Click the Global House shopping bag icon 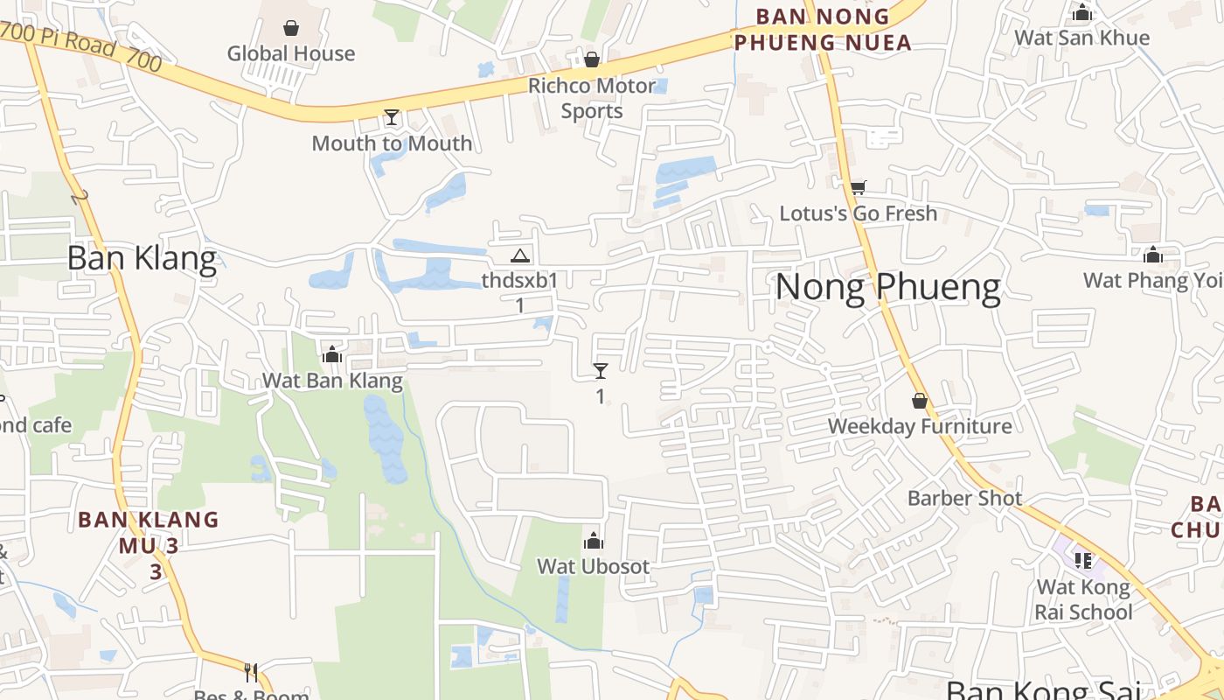291,29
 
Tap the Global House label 291,53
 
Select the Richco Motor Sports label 592,98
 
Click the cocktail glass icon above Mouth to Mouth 391,117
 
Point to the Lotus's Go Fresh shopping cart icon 858,187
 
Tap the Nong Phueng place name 887,288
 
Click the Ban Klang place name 142,259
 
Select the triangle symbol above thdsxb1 520,255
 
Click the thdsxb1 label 519,281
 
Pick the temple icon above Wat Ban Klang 332,354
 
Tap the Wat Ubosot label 594,566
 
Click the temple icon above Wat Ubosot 594,541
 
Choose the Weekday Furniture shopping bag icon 920,401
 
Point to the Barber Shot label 964,498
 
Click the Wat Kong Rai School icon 1083,560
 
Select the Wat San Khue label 1081,38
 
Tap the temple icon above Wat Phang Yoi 1153,255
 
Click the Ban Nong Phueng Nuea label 823,29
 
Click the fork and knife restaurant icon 251,672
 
